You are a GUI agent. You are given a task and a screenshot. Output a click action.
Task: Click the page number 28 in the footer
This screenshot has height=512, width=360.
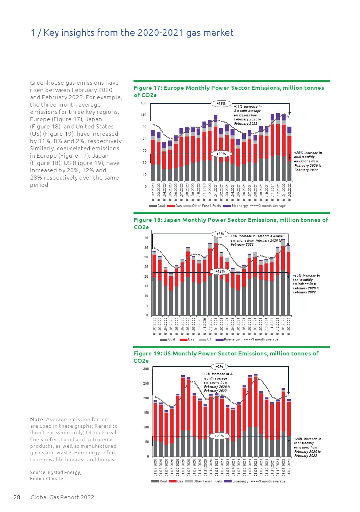(x=17, y=497)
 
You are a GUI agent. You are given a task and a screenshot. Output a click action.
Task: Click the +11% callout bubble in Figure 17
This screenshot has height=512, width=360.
(x=221, y=104)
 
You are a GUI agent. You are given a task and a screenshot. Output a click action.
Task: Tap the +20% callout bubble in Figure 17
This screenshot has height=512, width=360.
(x=221, y=154)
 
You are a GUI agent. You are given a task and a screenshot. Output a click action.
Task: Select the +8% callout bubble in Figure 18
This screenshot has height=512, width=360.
(x=220, y=234)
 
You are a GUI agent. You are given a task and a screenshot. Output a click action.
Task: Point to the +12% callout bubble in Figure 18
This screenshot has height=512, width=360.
(x=220, y=272)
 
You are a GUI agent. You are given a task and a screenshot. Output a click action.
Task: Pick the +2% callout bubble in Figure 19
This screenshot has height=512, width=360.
(x=219, y=367)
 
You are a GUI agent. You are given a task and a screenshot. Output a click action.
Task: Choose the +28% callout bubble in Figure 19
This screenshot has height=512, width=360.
(x=219, y=436)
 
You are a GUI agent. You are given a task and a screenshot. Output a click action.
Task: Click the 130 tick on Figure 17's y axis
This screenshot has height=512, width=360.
(x=144, y=103)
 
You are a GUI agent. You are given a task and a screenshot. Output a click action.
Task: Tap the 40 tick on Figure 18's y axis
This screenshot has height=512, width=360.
(x=146, y=238)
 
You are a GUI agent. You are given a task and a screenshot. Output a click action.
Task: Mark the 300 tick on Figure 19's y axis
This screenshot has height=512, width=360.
(x=146, y=369)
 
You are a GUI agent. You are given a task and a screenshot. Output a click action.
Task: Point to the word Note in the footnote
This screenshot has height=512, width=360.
(x=37, y=420)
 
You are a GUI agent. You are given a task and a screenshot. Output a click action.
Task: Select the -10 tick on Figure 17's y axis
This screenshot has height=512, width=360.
(x=144, y=187)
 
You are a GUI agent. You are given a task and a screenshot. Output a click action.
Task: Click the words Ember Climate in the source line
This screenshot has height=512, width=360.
(x=46, y=479)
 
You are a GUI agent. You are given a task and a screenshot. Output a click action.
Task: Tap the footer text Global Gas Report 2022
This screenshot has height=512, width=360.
(x=62, y=497)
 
